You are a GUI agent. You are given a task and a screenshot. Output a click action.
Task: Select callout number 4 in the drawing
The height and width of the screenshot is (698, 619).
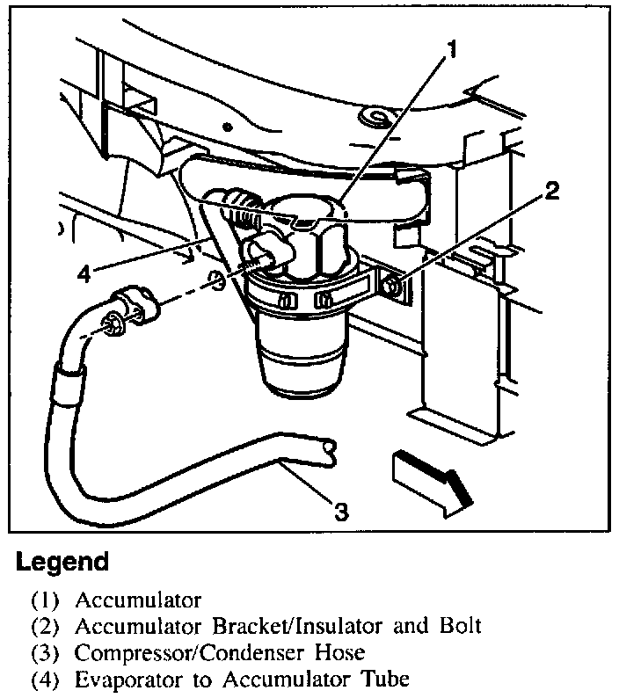pos(84,273)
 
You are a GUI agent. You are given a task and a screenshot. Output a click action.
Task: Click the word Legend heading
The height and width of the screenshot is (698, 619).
pos(62,563)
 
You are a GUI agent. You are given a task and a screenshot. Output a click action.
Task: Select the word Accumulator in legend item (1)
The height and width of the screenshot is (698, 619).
pos(138,601)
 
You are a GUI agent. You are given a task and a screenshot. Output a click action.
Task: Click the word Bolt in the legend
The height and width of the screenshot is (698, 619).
pos(459,628)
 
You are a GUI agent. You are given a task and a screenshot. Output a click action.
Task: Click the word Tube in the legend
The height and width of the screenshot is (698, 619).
pos(383,680)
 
